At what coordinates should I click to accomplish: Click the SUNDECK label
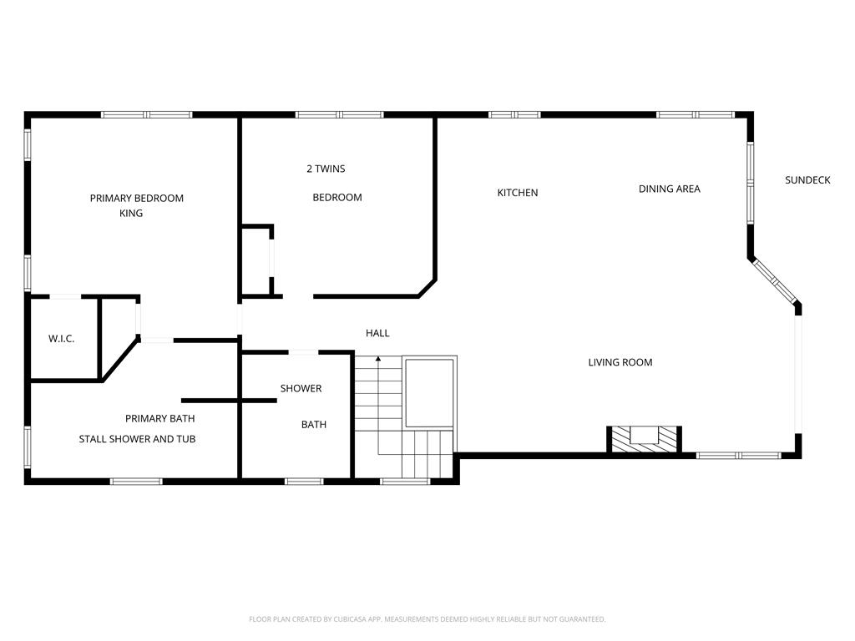point(807,180)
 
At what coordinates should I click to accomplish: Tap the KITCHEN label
point(518,193)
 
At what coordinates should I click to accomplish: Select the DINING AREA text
point(669,189)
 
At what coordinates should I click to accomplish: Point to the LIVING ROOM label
point(620,362)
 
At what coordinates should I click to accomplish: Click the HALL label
point(377,333)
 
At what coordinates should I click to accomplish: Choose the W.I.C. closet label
point(61,339)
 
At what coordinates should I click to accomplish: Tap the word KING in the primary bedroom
point(131,213)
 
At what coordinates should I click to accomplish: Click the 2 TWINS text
point(326,169)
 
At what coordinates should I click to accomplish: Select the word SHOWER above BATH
point(301,388)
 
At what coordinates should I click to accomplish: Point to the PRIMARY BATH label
point(159,418)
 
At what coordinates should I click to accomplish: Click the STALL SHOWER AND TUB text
point(137,439)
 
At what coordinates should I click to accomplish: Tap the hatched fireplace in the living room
point(644,439)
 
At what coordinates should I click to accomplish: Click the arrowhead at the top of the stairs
point(378,359)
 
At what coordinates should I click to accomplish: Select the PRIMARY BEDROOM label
point(136,198)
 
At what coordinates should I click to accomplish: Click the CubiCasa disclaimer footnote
point(427,619)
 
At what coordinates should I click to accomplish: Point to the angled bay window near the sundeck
point(774,281)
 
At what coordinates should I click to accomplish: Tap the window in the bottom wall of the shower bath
point(304,482)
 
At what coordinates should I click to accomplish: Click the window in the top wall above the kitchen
point(514,114)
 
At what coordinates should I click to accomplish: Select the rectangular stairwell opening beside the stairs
point(429,392)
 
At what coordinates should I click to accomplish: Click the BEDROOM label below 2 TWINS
point(337,197)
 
